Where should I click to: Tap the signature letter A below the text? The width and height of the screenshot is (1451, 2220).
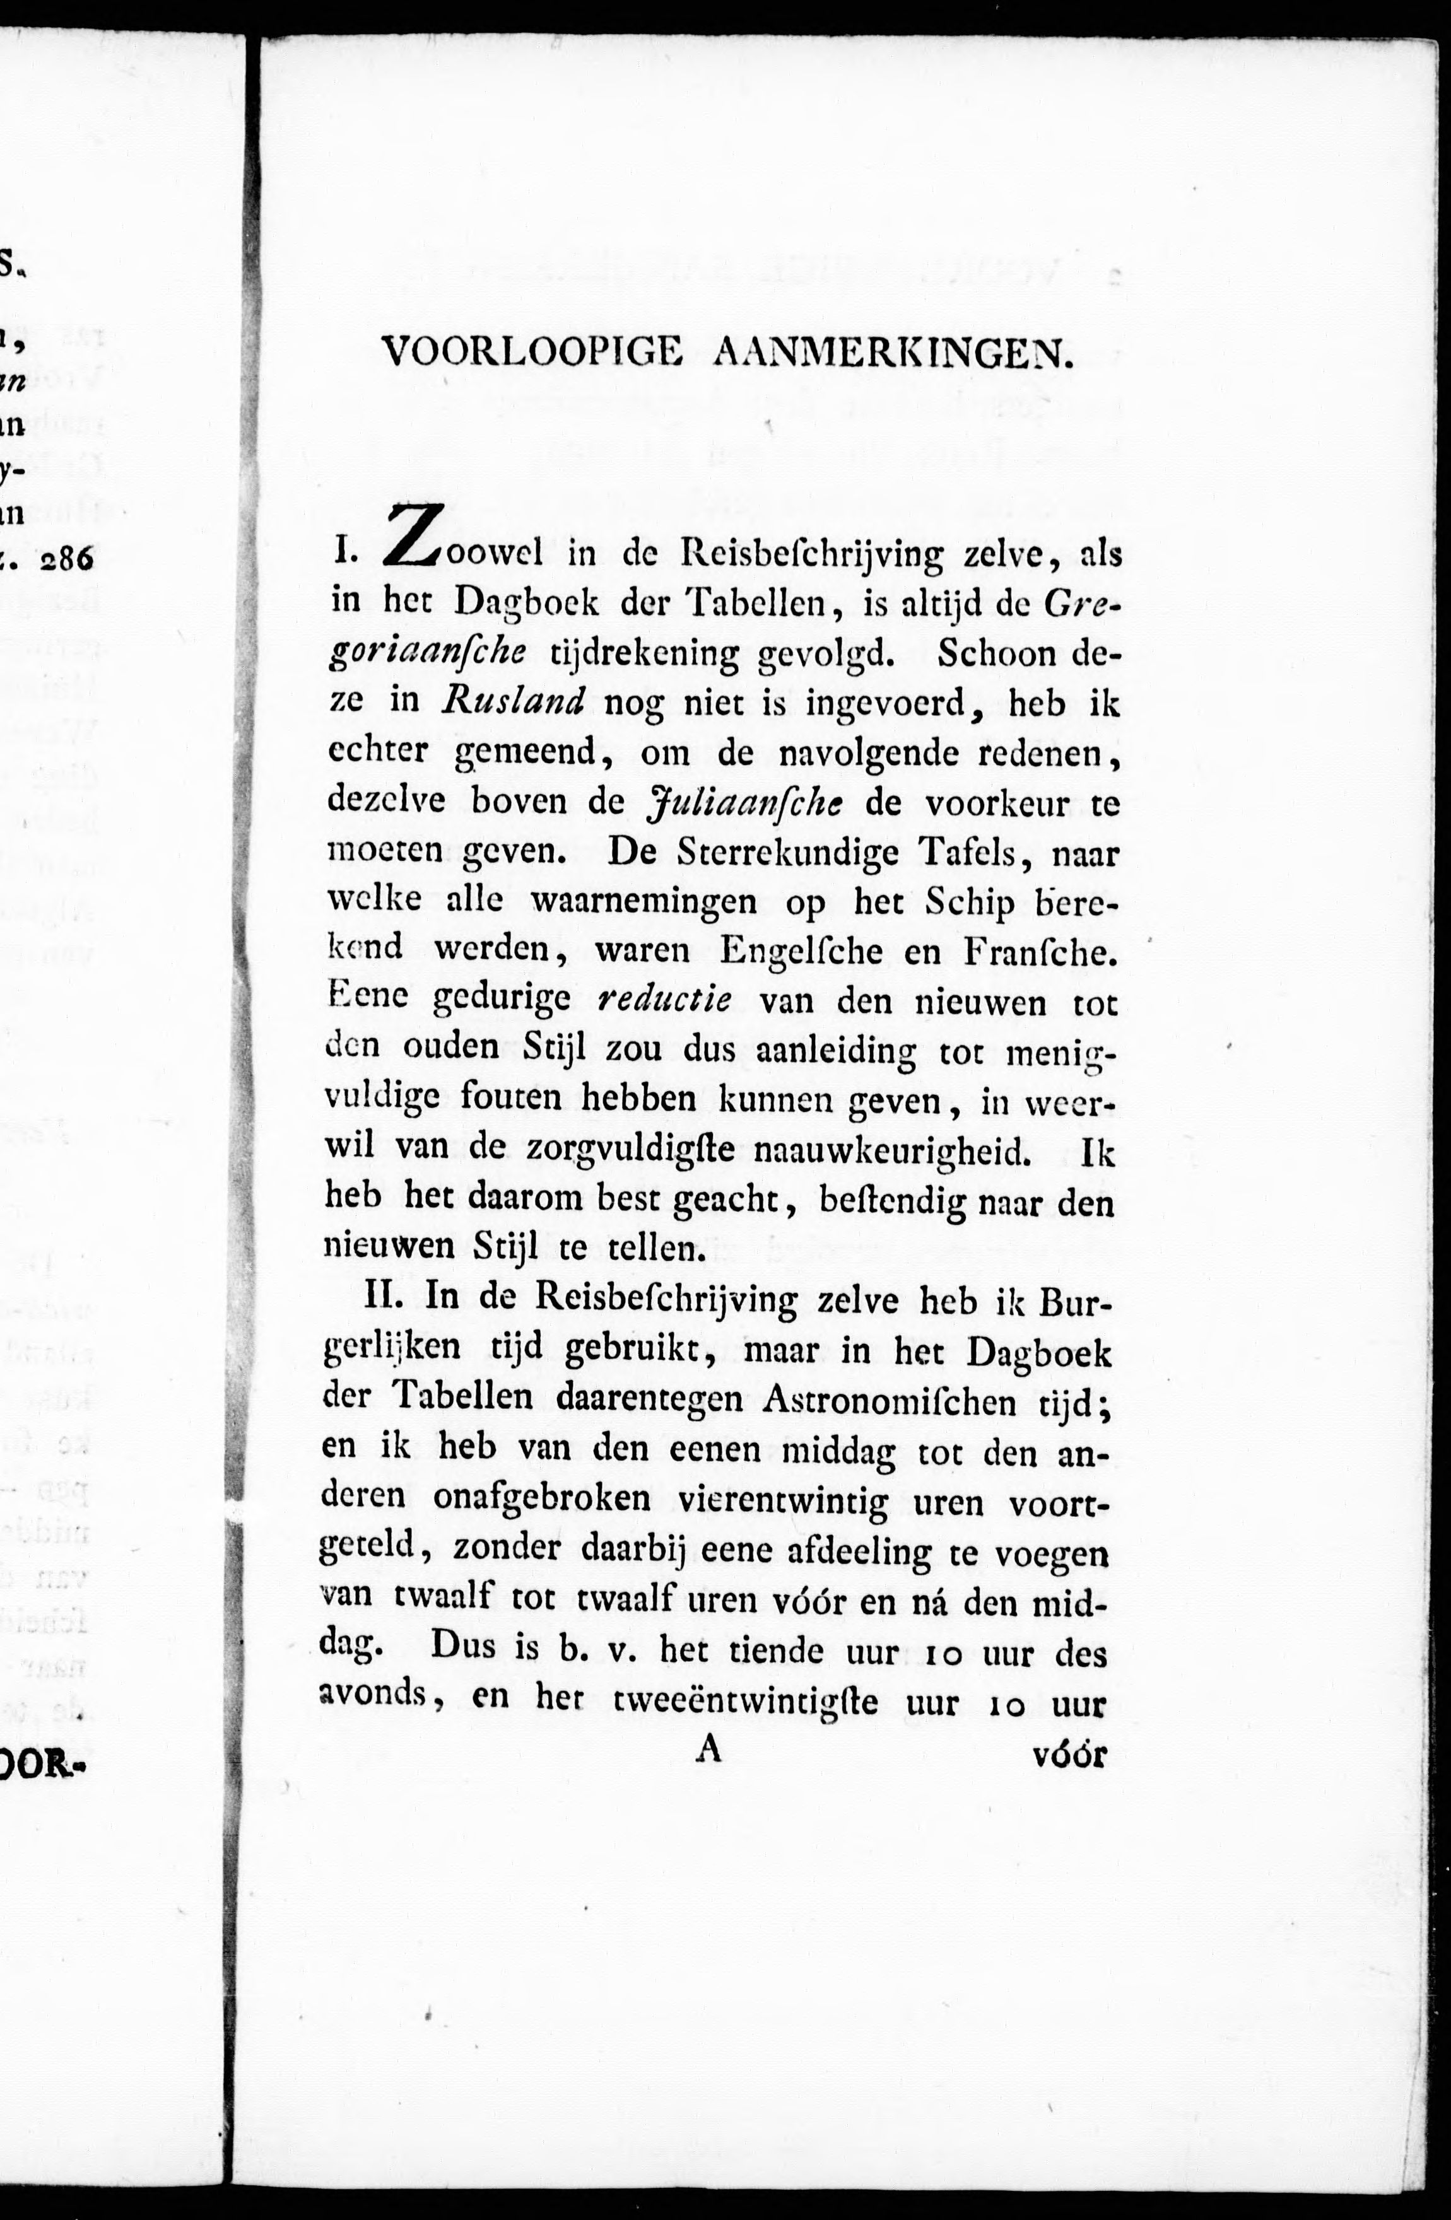click(x=710, y=1751)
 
